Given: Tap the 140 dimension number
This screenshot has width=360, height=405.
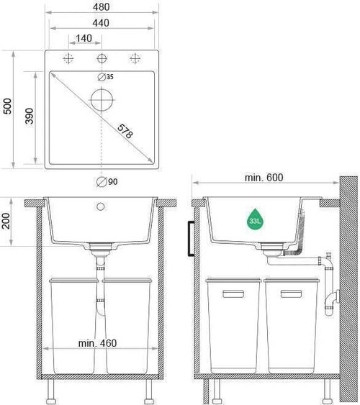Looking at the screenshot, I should point(85,38).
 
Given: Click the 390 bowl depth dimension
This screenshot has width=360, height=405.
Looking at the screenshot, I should point(30,119).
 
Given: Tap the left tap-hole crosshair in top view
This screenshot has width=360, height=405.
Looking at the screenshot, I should point(69,58).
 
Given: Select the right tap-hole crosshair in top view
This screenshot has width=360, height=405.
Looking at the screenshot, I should point(134,58).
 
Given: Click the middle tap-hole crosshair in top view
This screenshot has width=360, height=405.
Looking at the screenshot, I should point(102,58).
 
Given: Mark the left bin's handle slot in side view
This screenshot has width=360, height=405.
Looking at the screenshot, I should point(234,293).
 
